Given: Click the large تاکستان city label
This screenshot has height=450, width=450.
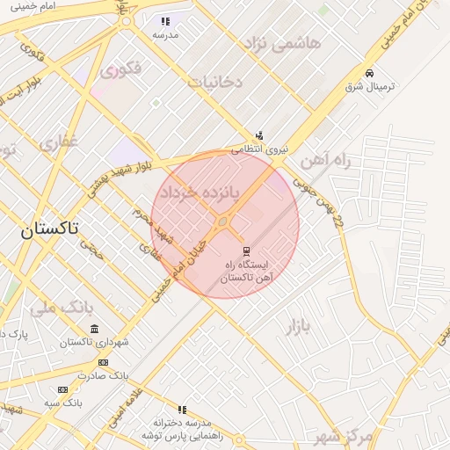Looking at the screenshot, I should click(49, 230).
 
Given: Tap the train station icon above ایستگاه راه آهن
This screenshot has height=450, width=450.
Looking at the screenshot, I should click(246, 250).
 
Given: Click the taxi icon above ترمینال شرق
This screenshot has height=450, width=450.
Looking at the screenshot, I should click(369, 73).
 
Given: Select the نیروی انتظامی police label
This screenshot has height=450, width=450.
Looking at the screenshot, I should click(259, 150).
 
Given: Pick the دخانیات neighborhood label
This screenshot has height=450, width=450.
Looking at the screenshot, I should click(214, 82).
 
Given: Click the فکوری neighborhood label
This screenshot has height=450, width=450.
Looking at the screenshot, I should click(120, 68).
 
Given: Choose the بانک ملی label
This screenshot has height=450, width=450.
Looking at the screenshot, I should click(62, 308).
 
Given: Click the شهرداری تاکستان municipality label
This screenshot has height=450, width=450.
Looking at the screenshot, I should click(95, 342).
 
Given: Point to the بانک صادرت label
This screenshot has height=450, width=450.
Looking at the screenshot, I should click(103, 375).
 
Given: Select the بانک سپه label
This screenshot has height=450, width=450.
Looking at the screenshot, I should click(63, 402).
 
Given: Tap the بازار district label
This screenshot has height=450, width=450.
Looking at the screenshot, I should click(297, 329).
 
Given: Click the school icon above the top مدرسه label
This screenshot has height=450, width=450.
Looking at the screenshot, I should click(165, 21).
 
